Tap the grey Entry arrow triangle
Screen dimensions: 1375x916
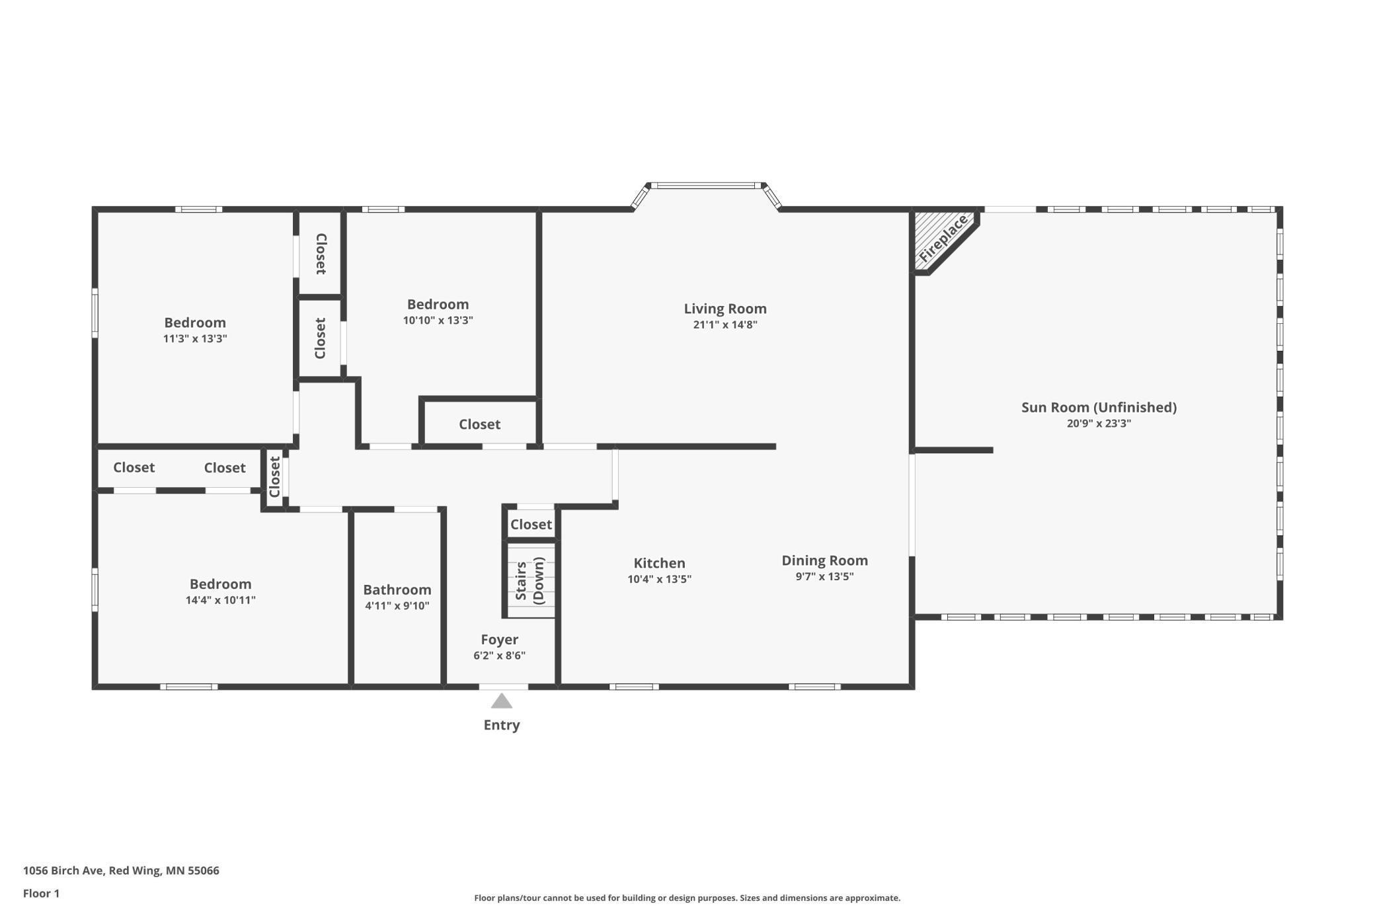tap(502, 701)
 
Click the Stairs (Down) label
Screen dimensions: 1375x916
tap(530, 580)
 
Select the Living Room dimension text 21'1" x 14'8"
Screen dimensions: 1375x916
tap(725, 324)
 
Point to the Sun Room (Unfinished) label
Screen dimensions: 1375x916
tap(1099, 407)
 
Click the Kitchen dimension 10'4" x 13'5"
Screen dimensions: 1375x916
tap(659, 579)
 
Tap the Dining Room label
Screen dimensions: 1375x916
tap(824, 560)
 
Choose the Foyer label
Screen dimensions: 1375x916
tap(499, 640)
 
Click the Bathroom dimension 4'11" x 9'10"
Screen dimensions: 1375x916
tap(397, 605)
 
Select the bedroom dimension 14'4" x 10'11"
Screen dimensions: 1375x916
tap(220, 600)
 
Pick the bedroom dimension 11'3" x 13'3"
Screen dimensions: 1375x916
tap(195, 338)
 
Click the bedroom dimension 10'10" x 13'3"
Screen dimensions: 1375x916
tap(438, 321)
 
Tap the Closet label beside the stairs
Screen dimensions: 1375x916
tap(531, 525)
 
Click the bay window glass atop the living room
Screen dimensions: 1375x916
tap(707, 186)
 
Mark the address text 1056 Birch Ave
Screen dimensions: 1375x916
tap(63, 870)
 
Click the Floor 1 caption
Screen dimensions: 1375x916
tap(41, 894)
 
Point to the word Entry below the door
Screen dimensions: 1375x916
tap(502, 725)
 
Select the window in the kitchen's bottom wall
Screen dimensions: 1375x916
tap(634, 687)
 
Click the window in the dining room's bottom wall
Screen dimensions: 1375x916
tap(814, 687)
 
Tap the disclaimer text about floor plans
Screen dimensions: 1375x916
tap(687, 897)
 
